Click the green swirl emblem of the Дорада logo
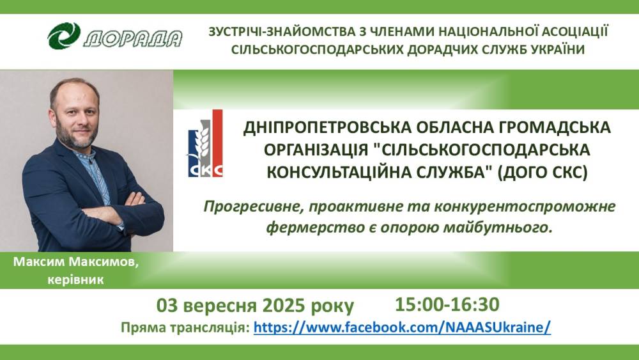pos(64,36)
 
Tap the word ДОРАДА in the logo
pos(132,39)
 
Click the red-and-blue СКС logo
pos(205,143)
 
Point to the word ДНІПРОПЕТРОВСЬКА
pos(325,128)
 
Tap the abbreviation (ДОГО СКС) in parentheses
pos(543,172)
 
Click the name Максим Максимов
pos(76,262)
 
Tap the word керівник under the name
pos(76,280)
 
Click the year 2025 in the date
pos(284,306)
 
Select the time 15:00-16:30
pos(447,304)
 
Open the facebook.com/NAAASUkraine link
pos(402,327)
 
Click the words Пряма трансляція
pos(185,328)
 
